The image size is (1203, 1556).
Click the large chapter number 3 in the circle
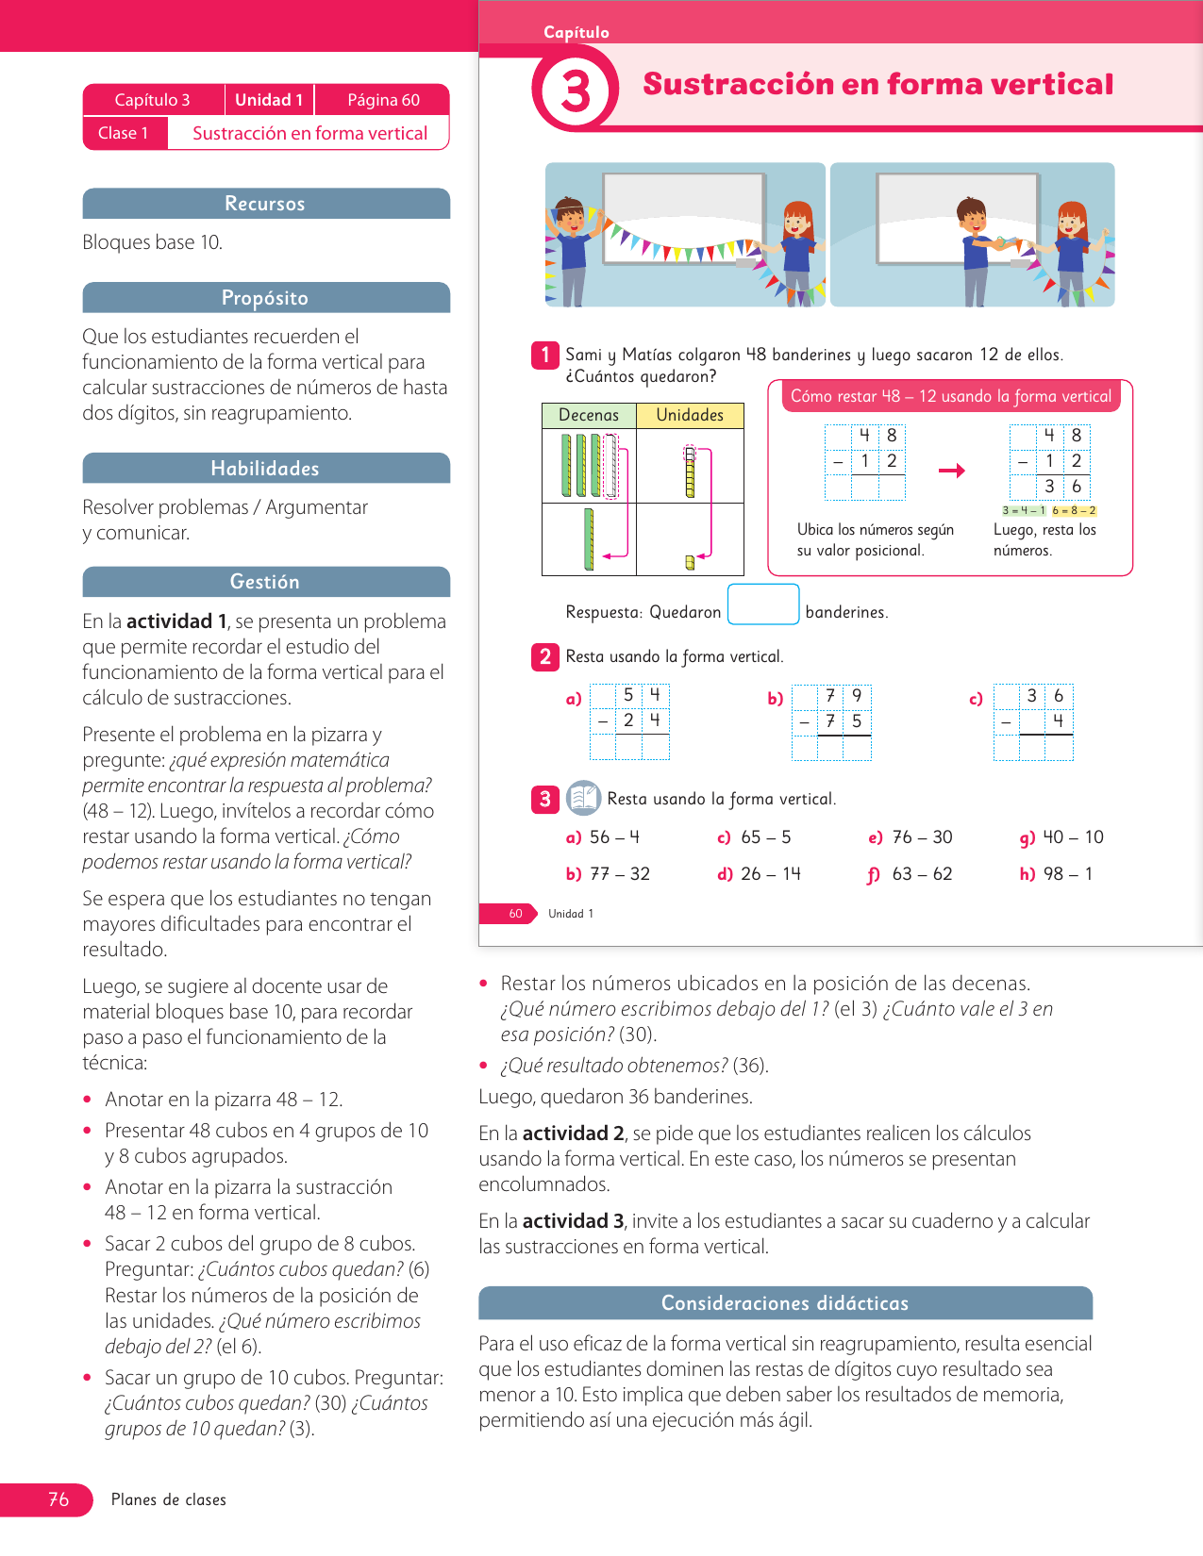tap(576, 91)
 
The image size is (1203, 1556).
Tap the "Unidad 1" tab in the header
tap(269, 100)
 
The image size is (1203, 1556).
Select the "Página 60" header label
tap(383, 100)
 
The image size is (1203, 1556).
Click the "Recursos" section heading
tap(265, 204)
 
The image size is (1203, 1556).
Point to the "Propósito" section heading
tap(265, 298)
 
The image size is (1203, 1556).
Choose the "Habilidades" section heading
tap(265, 469)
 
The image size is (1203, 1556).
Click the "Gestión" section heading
tap(265, 582)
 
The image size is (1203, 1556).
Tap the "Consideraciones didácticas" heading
tap(785, 1303)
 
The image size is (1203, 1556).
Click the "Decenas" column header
tap(589, 415)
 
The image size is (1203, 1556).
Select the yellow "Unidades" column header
tap(690, 415)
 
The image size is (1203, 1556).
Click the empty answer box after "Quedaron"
tap(763, 604)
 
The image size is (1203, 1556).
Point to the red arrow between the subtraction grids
tap(952, 471)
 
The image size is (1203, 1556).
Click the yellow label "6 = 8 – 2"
tap(1074, 511)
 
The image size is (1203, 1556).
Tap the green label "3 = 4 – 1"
tap(1024, 511)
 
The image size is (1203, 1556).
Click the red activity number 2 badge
tap(545, 656)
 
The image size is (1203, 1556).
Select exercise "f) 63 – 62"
tap(911, 874)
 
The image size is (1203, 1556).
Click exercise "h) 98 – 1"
tap(1056, 874)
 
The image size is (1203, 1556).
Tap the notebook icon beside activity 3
tap(583, 798)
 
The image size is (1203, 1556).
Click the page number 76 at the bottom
tap(58, 1499)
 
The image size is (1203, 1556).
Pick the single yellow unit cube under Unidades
tap(690, 563)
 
